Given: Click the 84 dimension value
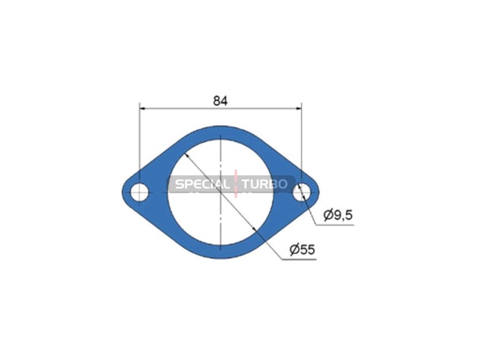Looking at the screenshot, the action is [221, 101].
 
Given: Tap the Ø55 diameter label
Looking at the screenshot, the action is [302, 250].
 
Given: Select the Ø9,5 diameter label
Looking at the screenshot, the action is [338, 215].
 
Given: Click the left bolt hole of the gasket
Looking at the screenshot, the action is [140, 192].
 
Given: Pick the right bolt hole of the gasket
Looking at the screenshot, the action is [302, 192].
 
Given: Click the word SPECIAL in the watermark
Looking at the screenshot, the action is [202, 184].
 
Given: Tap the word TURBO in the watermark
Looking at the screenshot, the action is [264, 184].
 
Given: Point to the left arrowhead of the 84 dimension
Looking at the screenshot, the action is [142, 108].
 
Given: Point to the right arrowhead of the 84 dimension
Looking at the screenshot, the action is [298, 108].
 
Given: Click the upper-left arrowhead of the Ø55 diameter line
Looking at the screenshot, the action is [186, 155].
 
